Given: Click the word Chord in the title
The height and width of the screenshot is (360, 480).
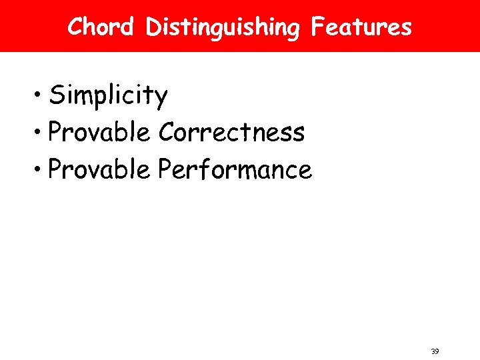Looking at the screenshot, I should pos(101,27).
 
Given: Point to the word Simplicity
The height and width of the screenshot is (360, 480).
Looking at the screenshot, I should pos(108,97).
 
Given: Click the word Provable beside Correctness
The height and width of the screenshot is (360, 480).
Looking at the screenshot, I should pos(100,133).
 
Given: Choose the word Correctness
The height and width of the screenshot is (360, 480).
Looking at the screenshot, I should pos(231,133).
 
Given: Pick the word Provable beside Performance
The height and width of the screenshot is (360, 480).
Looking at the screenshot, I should pos(100,170).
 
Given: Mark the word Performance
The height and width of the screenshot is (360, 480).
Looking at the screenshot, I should pos(235,170).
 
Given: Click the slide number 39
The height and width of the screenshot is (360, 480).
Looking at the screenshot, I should pos(435,351).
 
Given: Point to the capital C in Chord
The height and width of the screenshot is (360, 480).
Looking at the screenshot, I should pos(75,27).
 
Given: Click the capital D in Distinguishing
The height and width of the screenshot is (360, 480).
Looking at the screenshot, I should pos(153,27).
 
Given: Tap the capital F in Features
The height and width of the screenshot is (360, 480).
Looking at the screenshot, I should pos(318,27).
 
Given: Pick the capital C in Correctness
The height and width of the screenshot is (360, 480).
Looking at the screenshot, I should pos(167,133).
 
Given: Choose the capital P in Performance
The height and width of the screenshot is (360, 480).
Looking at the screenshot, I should pos(165,170).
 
